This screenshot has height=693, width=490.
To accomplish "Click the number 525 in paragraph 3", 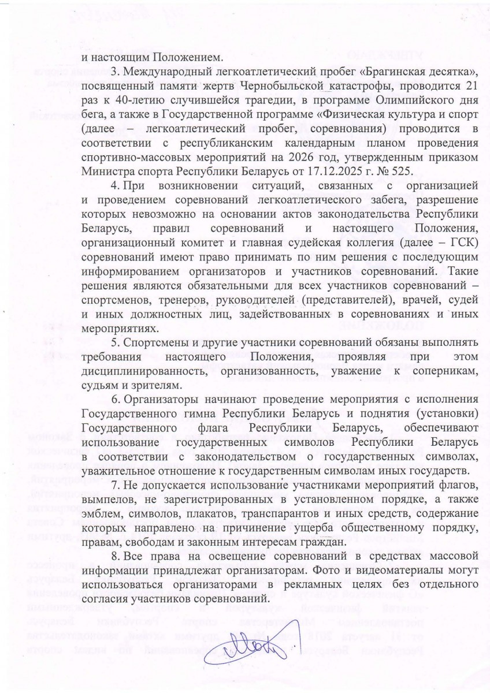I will pyautogui.click(x=406, y=170).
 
